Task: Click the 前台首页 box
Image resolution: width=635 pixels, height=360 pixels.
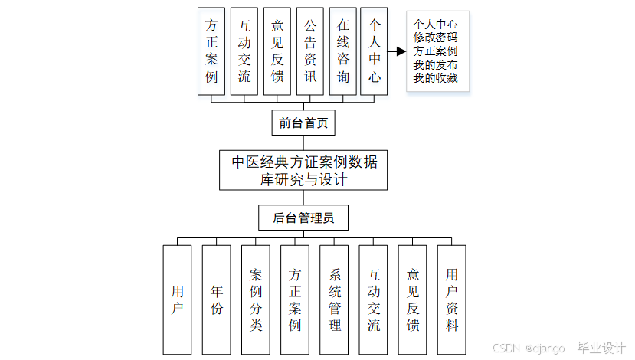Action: (x=303, y=123)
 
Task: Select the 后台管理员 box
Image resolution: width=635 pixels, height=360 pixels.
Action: (x=303, y=218)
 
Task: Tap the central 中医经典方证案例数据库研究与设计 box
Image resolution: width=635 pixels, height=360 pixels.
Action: (x=303, y=170)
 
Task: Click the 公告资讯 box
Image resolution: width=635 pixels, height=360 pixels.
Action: (x=309, y=51)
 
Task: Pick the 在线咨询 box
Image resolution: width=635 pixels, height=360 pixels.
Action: (x=342, y=51)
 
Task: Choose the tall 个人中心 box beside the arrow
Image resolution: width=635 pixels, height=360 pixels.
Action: (x=374, y=51)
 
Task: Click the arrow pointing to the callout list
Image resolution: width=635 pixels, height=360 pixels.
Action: (x=396, y=51)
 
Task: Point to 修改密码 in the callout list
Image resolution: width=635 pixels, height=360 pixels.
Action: (x=436, y=37)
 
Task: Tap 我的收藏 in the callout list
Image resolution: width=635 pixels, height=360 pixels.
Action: (x=436, y=77)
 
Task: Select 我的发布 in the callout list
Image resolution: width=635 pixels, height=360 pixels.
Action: (x=436, y=64)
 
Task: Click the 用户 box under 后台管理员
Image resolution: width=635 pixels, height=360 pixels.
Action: (x=178, y=299)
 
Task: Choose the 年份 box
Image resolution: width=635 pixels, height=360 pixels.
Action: (x=217, y=299)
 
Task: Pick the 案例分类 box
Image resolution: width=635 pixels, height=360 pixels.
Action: (x=256, y=299)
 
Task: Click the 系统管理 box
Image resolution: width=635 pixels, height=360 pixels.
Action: (x=334, y=299)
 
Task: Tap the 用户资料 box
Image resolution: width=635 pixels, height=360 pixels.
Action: (x=451, y=299)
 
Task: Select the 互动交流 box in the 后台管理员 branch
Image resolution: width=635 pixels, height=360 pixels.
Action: (x=373, y=299)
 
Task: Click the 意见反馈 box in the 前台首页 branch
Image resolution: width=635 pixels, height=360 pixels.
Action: (x=277, y=51)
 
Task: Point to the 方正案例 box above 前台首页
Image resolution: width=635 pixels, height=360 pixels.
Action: (x=211, y=51)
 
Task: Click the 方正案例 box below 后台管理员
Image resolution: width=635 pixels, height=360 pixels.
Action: (x=295, y=299)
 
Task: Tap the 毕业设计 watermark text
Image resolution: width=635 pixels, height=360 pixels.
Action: (x=601, y=348)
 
